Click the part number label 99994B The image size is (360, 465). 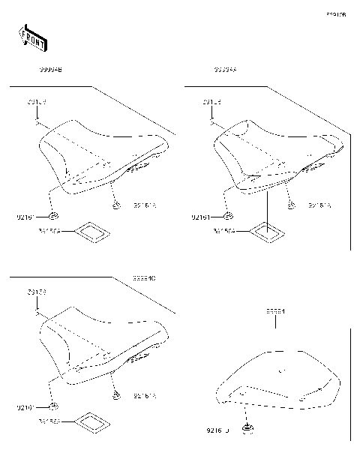[50, 69]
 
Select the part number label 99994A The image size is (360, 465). [224, 69]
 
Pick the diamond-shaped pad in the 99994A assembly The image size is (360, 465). [265, 231]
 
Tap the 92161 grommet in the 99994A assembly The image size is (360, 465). [228, 217]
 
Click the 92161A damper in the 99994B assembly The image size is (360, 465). [115, 205]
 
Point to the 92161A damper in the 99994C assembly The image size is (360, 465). [115, 395]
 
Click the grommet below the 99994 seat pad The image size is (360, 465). [247, 430]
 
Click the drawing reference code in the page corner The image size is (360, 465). [336, 13]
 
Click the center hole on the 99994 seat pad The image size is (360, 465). [280, 370]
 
